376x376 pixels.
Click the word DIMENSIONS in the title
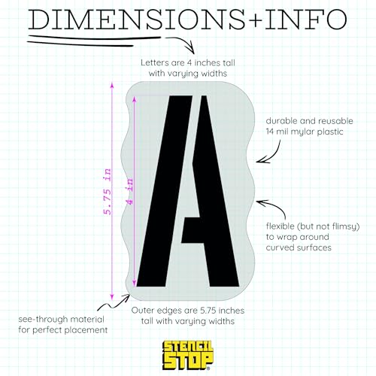(137, 20)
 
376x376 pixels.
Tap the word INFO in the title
(306, 20)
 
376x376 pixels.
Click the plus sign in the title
(255, 20)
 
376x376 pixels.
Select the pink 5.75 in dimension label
(107, 192)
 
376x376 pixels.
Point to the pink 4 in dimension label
(130, 192)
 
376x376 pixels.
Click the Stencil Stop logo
(188, 355)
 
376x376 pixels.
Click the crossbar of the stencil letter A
(193, 230)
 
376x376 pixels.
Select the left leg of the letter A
(165, 191)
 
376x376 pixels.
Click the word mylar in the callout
(304, 132)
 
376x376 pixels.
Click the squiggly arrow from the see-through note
(113, 304)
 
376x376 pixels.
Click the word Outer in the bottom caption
(142, 311)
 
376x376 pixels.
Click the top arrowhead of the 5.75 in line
(112, 85)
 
